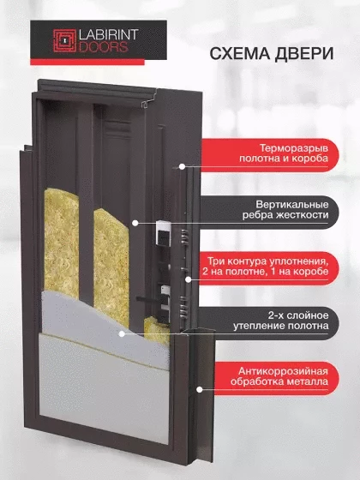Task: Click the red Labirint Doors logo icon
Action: [x=64, y=41]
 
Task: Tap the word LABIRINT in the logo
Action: [x=109, y=35]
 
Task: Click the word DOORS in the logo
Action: [x=103, y=47]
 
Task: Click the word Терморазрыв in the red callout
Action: [x=294, y=148]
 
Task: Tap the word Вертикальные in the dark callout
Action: [x=292, y=205]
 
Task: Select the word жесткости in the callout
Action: [x=302, y=215]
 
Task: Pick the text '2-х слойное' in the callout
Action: [x=298, y=315]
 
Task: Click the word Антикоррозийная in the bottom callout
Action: [x=283, y=371]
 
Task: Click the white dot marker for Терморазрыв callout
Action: [x=182, y=167]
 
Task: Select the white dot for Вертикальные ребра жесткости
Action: [x=135, y=223]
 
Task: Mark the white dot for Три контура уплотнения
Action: [x=189, y=279]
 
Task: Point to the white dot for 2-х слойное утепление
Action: [x=122, y=334]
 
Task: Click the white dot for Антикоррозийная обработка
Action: [x=199, y=390]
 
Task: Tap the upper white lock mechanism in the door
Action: [x=163, y=232]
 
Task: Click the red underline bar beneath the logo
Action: [x=87, y=62]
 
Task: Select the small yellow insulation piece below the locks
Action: [x=156, y=331]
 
